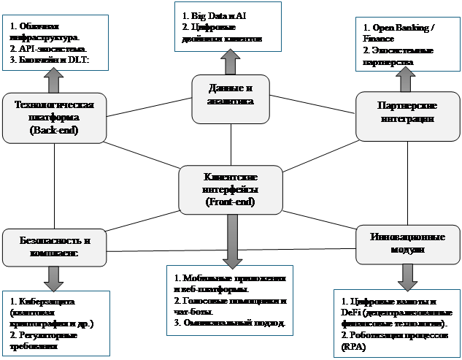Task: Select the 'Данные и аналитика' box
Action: (x=230, y=99)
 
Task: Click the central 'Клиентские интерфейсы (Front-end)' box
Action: (x=231, y=189)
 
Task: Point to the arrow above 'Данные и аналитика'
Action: (x=230, y=62)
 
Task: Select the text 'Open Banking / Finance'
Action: (x=399, y=33)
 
